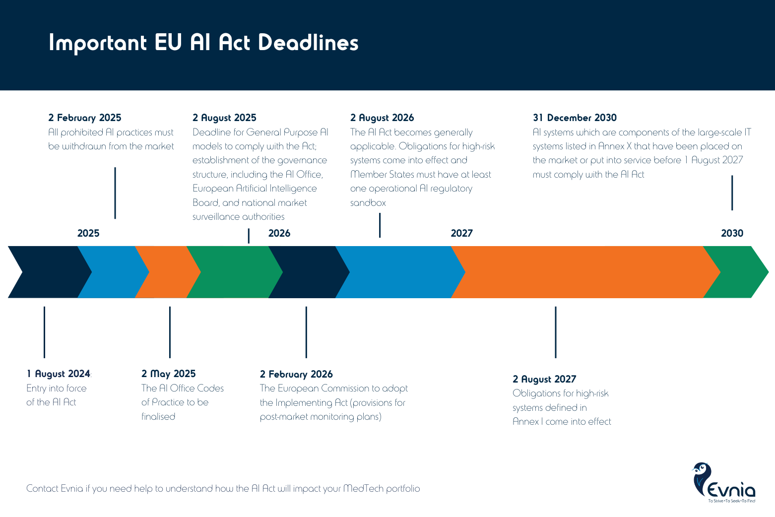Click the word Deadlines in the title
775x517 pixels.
click(308, 43)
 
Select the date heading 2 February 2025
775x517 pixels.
click(85, 118)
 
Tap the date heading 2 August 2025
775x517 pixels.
click(224, 118)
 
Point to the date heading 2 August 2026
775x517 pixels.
click(382, 118)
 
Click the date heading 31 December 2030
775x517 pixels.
click(575, 118)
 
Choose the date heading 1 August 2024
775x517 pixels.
click(59, 374)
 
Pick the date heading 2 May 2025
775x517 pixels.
click(169, 374)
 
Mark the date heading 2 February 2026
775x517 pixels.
click(296, 374)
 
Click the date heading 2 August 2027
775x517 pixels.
click(544, 379)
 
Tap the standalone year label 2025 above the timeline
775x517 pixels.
click(88, 233)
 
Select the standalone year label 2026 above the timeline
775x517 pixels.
click(279, 233)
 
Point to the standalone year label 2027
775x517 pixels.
click(461, 233)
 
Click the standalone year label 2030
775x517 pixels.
click(732, 233)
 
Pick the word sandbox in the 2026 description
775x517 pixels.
click(368, 202)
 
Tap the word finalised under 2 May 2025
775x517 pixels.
click(158, 416)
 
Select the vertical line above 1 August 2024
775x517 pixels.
click(44, 332)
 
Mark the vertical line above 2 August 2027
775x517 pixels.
click(556, 332)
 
